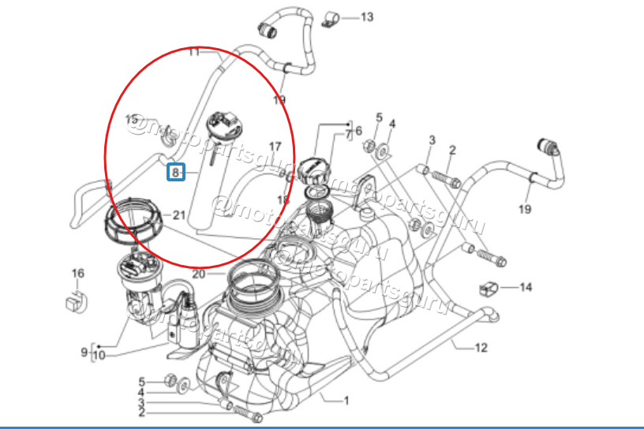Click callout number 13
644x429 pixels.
pyautogui.click(x=367, y=17)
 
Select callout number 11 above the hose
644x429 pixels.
pyautogui.click(x=194, y=53)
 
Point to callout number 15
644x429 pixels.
pyautogui.click(x=133, y=119)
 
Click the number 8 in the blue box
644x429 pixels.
pyautogui.click(x=175, y=171)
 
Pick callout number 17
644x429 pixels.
pyautogui.click(x=275, y=147)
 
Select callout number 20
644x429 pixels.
pyautogui.click(x=197, y=274)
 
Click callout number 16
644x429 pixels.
pyautogui.click(x=77, y=274)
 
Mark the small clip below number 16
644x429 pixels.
pyautogui.click(x=75, y=300)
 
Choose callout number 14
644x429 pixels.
pyautogui.click(x=526, y=287)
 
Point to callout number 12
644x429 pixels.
pyautogui.click(x=481, y=347)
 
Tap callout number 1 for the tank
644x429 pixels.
pyautogui.click(x=346, y=400)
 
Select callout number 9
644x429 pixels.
pyautogui.click(x=84, y=352)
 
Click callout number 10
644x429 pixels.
pyautogui.click(x=98, y=356)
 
